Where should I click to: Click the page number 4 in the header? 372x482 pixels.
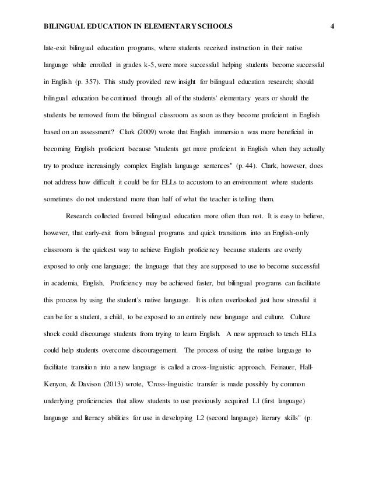click(331, 26)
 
